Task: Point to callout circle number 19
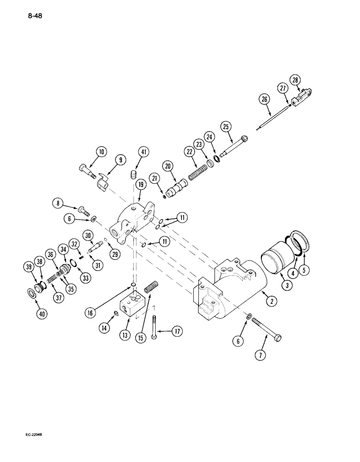coord(141,184)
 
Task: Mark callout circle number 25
coord(225,127)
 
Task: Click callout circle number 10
coord(101,152)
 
